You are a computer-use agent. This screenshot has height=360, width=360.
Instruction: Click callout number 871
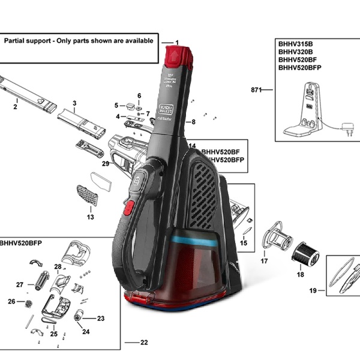pyautogui.click(x=256, y=89)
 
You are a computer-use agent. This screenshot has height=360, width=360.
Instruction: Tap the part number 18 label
pyautogui.click(x=301, y=274)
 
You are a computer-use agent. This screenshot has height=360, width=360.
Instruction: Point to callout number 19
pyautogui.click(x=313, y=291)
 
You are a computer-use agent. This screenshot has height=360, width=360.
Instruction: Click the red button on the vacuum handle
pyautogui.click(x=128, y=208)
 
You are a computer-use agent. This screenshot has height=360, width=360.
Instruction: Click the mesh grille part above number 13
pyautogui.click(x=87, y=195)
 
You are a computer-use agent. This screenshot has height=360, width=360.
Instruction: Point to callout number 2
pyautogui.click(x=15, y=107)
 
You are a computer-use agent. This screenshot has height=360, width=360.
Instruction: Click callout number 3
pyautogui.click(x=74, y=103)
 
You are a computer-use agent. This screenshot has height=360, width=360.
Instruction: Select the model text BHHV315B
pyautogui.click(x=296, y=44)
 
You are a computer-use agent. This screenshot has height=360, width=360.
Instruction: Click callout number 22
pyautogui.click(x=144, y=343)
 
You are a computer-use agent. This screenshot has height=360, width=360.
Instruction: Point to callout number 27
pyautogui.click(x=20, y=284)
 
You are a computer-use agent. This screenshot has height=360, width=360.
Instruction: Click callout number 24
pyautogui.click(x=86, y=331)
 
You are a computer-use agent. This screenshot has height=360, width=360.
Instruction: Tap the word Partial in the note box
pyautogui.click(x=17, y=41)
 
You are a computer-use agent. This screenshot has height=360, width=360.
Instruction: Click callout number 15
pyautogui.click(x=243, y=243)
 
